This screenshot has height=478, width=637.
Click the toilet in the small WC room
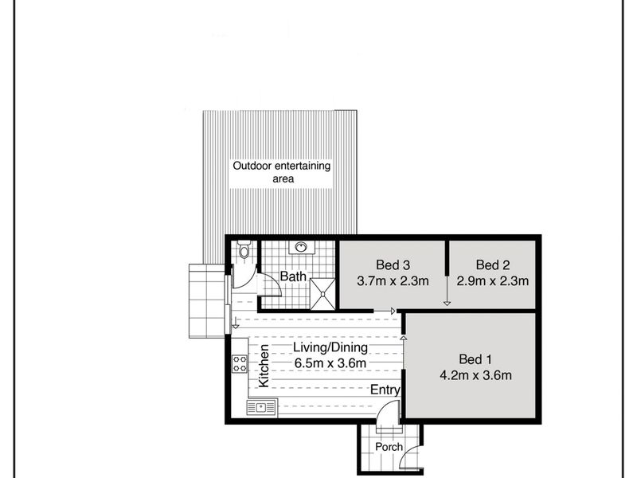244,249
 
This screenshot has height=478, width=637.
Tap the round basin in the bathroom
301,247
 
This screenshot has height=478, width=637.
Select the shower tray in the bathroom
323,294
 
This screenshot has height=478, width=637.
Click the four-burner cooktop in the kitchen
240,364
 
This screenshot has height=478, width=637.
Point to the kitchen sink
262,407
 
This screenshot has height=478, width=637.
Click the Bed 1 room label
475,359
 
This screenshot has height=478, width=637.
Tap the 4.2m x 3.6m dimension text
475,375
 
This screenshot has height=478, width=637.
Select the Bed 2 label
493,265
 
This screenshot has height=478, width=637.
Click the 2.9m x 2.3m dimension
493,281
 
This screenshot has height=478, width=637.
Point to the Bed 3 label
393,265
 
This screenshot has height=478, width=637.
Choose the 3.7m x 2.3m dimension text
393,281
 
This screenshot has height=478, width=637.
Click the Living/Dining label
330,347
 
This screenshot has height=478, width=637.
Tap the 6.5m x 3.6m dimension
330,363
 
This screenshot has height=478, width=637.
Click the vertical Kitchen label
264,366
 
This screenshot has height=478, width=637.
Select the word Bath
293,276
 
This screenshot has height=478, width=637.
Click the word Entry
385,390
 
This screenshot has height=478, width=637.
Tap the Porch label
389,447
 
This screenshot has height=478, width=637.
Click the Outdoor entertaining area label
282,172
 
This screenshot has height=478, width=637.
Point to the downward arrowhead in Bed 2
447,304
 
